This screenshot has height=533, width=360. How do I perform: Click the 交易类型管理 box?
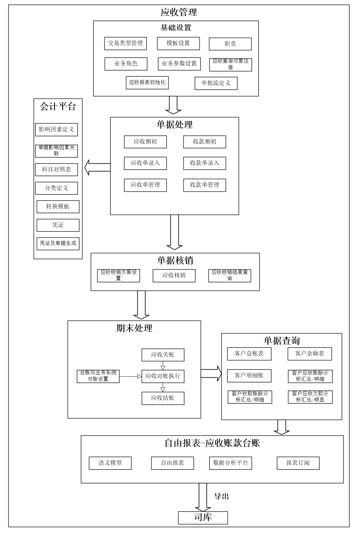[125, 44]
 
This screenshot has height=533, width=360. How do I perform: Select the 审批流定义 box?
[216, 83]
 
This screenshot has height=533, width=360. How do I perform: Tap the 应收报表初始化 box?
[147, 83]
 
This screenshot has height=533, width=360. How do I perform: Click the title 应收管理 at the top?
[178, 12]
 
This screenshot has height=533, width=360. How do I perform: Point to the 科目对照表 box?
[56, 170]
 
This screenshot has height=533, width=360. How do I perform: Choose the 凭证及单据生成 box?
[58, 244]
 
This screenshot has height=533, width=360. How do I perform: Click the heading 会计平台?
[58, 107]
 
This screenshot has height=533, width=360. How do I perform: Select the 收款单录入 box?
[204, 163]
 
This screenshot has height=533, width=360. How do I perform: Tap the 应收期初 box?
[145, 142]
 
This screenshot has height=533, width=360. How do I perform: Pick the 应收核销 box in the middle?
[174, 275]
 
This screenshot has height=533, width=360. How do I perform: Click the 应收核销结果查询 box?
[229, 275]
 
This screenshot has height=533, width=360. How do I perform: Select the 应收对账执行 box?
[163, 376]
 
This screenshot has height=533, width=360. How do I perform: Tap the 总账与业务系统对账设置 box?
[98, 376]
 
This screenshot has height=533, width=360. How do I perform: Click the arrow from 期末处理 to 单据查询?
[211, 373]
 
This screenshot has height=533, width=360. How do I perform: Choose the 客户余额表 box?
[309, 354]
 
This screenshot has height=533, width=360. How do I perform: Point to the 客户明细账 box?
[249, 376]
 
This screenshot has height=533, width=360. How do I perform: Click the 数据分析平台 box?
[230, 463]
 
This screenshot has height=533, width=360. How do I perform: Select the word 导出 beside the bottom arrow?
[221, 496]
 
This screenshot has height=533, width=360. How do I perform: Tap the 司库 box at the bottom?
[203, 518]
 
